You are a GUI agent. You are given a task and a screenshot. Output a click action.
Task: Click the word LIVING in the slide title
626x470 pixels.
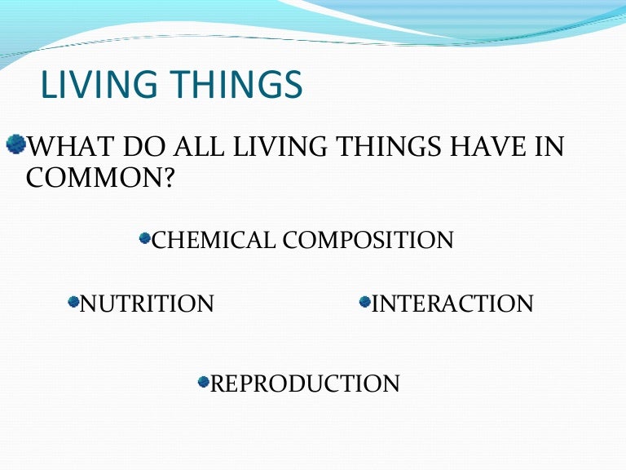[x=91, y=86]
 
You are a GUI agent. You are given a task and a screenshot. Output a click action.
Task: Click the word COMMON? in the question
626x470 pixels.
[x=99, y=178]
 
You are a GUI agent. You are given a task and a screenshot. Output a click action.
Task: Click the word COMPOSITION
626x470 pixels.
[x=368, y=240]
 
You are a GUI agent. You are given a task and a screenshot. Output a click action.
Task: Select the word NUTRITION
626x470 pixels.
[x=147, y=304]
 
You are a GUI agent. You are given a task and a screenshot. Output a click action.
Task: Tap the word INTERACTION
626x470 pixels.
[x=452, y=304]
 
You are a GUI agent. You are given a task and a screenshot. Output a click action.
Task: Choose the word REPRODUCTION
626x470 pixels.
[x=305, y=384]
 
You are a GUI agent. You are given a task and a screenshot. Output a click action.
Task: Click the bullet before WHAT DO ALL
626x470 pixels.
[x=16, y=145]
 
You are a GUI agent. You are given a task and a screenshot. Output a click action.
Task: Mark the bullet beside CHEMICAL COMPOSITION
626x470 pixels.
[x=145, y=238]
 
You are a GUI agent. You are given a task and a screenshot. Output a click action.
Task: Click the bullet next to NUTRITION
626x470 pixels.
[x=73, y=303]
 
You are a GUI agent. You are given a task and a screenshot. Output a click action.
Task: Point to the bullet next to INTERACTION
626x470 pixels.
[x=364, y=303]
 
